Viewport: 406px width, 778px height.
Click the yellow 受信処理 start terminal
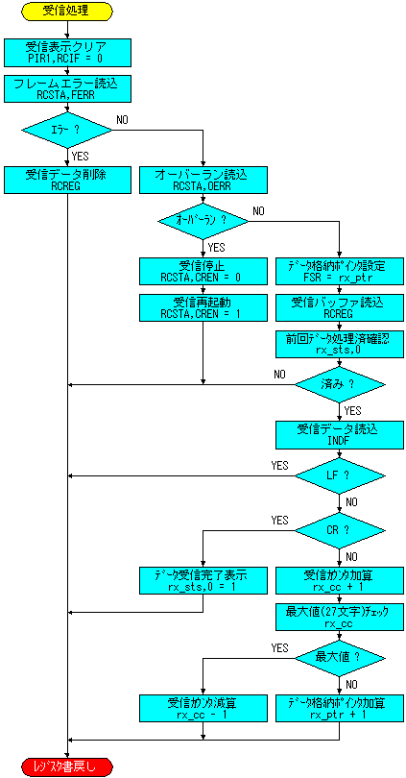(67, 11)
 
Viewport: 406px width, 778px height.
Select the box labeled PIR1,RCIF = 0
(67, 52)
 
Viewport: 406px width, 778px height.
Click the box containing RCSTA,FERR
(67, 88)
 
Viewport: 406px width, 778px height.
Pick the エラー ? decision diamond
(67, 130)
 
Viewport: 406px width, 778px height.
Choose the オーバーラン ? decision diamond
(203, 220)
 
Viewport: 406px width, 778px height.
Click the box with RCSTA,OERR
(203, 179)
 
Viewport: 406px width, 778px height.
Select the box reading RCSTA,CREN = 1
(203, 306)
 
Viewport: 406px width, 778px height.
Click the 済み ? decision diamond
(340, 384)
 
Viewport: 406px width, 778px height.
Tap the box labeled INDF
(340, 433)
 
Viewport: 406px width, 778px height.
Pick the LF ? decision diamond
(340, 475)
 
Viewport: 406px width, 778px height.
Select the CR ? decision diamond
(340, 530)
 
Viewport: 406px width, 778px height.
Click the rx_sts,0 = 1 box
(203, 579)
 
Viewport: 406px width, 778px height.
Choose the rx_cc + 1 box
(340, 579)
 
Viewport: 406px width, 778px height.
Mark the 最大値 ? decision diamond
(340, 657)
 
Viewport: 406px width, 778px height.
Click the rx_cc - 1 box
(203, 707)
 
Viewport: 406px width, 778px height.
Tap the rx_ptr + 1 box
(340, 707)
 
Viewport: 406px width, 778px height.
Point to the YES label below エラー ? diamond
(81, 156)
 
